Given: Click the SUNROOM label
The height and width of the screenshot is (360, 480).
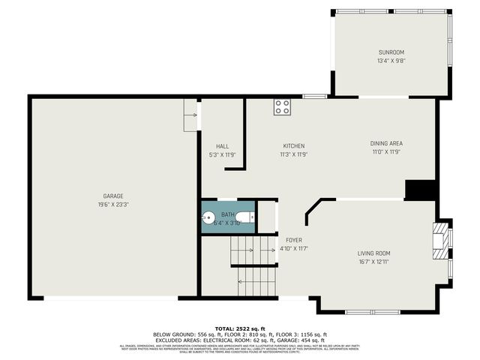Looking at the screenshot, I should tap(390, 52).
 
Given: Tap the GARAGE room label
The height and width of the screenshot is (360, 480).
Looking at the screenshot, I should tap(113, 196).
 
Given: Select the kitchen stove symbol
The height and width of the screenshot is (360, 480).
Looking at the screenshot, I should tap(282, 107).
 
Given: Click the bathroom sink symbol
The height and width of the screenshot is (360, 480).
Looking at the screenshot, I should tap(208, 218).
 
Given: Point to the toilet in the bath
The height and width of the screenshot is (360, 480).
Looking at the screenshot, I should tap(250, 217).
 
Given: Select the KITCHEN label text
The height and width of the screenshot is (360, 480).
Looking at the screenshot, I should tap(293, 145).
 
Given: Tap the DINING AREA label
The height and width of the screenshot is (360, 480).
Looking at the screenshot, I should tap(386, 143).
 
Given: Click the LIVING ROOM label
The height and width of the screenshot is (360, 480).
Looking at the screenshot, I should tap(373, 253).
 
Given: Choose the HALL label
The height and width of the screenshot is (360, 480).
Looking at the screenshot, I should tap(222, 145).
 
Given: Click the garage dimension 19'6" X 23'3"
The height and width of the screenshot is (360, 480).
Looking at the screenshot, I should tap(113, 205).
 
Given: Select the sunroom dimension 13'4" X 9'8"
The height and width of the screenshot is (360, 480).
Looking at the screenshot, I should tap(390, 61).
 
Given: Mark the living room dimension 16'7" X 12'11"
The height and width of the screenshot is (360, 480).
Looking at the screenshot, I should tap(373, 262).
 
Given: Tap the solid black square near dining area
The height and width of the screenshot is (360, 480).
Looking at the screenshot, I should tap(421, 190).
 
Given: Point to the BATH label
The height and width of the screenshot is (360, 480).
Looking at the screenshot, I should tap(227, 214).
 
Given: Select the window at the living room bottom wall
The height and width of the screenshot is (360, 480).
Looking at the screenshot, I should tap(373, 311).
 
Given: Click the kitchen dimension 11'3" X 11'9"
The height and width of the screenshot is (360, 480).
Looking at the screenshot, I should tap(293, 154).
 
